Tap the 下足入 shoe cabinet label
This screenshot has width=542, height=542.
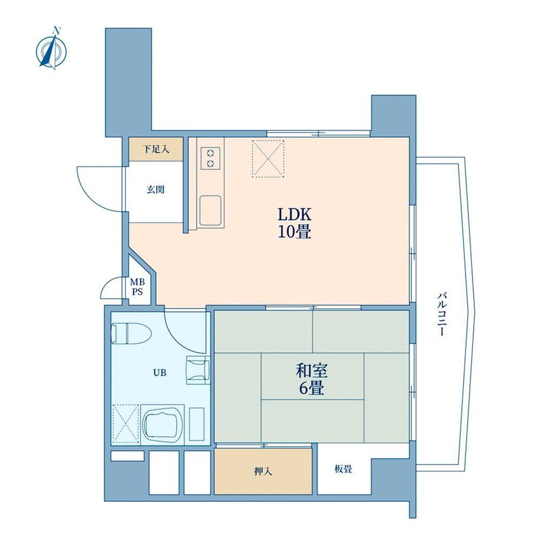(156, 150)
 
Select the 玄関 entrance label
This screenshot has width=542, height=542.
(156, 190)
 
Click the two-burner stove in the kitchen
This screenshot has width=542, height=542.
(210, 158)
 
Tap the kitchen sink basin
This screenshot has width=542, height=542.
(210, 210)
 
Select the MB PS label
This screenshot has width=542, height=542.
(136, 287)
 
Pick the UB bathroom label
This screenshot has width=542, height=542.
(160, 372)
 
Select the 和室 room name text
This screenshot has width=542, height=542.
(312, 371)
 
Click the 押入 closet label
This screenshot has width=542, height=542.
(263, 471)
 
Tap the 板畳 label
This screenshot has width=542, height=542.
(343, 470)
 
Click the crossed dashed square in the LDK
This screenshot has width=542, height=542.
(269, 158)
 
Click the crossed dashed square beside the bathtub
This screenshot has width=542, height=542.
(125, 422)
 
